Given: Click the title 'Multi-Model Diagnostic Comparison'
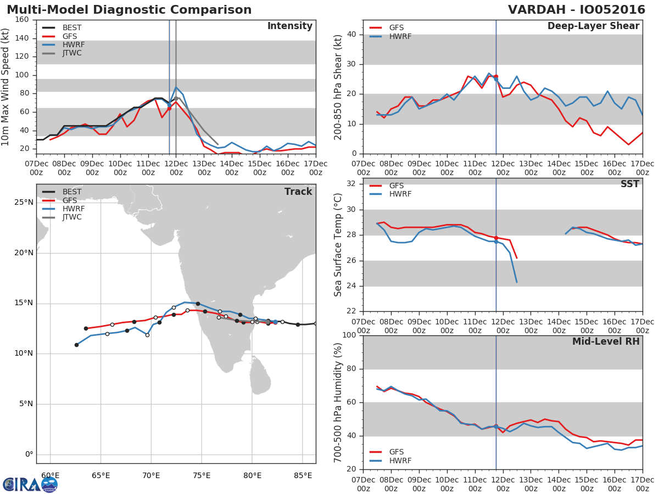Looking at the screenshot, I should [x=129, y=10].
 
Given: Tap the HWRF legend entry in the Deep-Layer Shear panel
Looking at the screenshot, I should [x=400, y=37].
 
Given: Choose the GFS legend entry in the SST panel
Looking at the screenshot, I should [x=396, y=186].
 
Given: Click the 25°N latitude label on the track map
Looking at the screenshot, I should [x=24, y=203].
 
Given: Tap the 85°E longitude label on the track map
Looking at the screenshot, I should [x=303, y=475].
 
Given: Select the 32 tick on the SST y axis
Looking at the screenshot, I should [x=351, y=184].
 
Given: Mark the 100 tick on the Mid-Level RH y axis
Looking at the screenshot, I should [x=349, y=335].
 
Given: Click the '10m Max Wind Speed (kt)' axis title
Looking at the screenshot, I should [x=6, y=88].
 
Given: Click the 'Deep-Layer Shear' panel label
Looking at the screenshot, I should [x=593, y=26].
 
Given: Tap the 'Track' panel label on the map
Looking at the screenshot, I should [x=298, y=192].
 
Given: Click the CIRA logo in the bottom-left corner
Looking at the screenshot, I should [x=30, y=484].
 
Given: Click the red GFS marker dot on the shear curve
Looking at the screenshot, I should [x=496, y=77].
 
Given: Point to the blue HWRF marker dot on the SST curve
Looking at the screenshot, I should [x=496, y=242].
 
